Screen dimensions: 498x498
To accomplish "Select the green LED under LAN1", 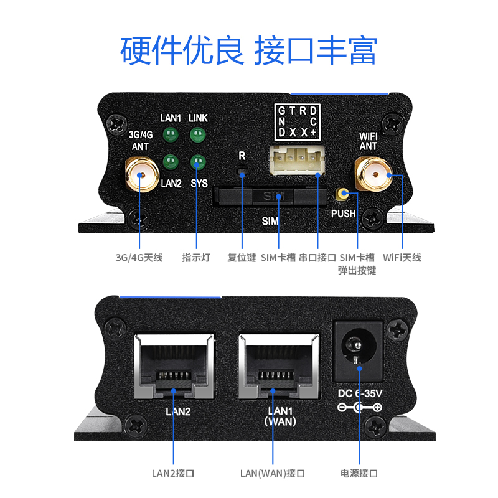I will (170, 134).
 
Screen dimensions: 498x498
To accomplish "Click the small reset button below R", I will (242, 171).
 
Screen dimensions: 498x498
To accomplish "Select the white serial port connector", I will (297, 164).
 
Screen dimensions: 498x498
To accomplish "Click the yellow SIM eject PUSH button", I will (342, 195).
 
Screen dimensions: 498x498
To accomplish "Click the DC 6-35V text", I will (360, 394).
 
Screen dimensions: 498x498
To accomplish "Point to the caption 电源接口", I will (359, 473).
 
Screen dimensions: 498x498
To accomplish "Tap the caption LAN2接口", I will (174, 473).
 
